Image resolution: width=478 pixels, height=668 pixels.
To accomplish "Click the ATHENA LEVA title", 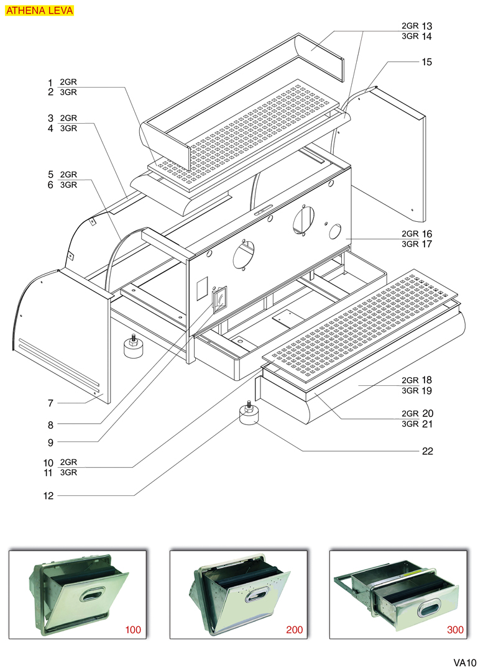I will click(x=40, y=11).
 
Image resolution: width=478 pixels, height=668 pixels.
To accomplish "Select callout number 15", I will click(x=426, y=62).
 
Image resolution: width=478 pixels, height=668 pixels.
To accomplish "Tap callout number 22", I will click(x=427, y=451).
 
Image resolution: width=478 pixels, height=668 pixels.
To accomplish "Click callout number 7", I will click(x=50, y=403).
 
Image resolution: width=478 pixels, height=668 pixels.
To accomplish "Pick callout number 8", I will click(x=50, y=425).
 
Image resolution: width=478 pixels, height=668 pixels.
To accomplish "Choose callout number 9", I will click(x=50, y=442).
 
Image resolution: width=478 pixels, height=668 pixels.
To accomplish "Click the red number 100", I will click(x=133, y=629).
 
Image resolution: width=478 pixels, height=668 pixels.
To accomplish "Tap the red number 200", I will click(x=295, y=629).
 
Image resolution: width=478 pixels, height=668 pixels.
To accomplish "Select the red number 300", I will click(x=455, y=629).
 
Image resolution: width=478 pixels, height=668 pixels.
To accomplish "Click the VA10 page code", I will click(x=464, y=662).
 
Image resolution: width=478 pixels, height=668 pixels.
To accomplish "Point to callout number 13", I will click(x=426, y=26).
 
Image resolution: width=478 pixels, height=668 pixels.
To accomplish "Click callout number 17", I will click(x=426, y=244).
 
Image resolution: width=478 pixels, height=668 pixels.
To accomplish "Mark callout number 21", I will click(x=427, y=424).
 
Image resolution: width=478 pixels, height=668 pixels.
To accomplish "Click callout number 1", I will click(x=50, y=82).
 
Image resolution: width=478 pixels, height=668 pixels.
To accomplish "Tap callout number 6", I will click(x=50, y=185).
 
